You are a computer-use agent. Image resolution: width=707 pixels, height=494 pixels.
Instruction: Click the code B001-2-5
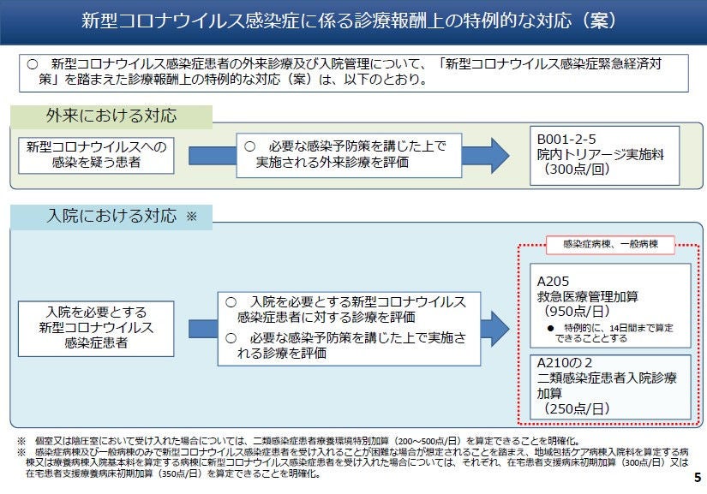coord(566,140)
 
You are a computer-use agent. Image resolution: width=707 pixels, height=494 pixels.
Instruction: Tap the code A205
coord(553,282)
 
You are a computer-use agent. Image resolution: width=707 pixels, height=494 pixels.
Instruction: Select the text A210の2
coord(565,362)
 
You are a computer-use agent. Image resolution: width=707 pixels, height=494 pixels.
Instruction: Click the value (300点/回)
coord(577,170)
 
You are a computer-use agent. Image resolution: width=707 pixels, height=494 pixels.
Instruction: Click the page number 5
coord(698,478)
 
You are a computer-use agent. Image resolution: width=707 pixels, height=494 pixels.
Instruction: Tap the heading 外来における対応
coord(111,116)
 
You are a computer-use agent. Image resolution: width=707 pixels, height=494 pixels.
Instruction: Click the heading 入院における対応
coord(111,216)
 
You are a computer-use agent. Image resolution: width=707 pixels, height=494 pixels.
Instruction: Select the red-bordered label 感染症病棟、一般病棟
coord(610,245)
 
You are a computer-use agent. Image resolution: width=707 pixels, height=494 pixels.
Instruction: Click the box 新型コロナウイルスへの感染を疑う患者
coord(96,155)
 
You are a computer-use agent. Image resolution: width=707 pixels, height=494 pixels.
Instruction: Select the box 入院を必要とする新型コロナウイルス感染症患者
coord(96,329)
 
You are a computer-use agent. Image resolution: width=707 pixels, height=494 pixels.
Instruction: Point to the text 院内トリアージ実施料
coord(600,154)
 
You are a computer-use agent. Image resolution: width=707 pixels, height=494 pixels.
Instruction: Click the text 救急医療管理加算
coord(588,296)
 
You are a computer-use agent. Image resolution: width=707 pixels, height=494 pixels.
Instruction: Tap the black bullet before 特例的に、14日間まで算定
coord(550,328)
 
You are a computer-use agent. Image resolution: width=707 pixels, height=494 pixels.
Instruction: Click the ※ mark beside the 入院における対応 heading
coord(192,216)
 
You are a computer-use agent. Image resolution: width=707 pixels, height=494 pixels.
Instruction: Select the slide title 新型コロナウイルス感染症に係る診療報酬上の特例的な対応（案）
coord(348,21)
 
